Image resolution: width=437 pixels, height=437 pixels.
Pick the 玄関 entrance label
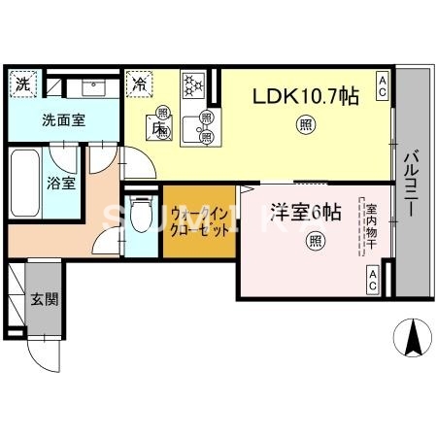[43, 298]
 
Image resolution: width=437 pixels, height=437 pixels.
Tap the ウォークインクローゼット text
[199, 225]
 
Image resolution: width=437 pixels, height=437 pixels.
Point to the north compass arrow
[413, 337]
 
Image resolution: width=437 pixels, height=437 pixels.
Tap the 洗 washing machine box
[22, 84]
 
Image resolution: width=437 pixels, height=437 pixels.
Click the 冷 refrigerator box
[141, 84]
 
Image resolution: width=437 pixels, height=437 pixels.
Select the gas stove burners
[192, 85]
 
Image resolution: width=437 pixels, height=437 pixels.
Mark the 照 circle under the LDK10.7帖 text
[305, 124]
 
